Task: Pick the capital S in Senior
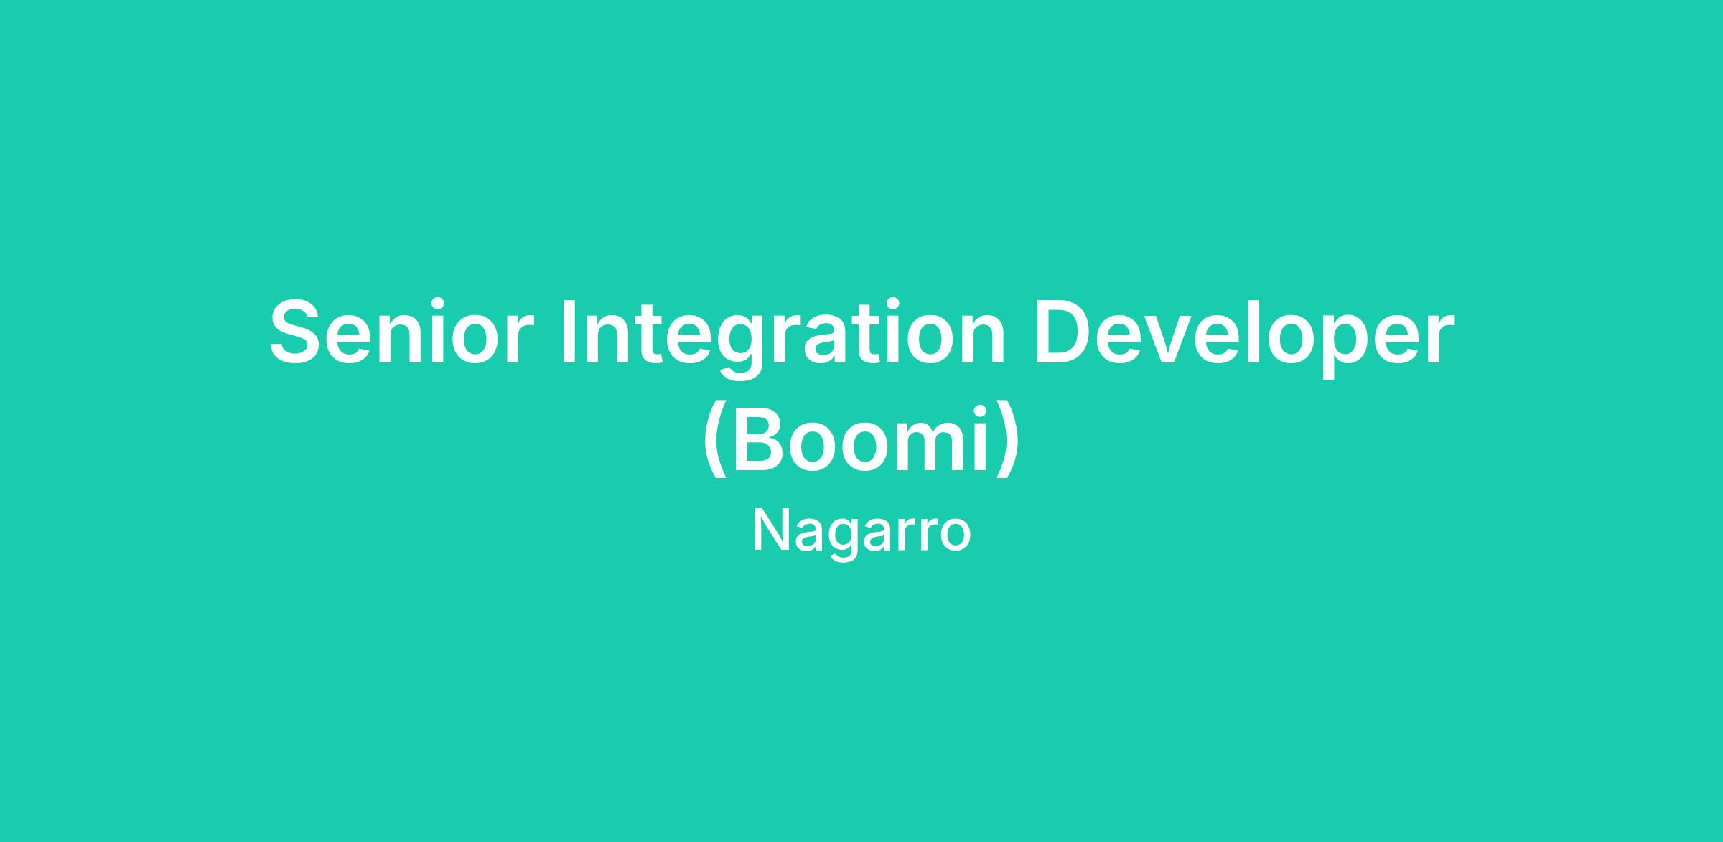point(294,332)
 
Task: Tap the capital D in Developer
point(1062,332)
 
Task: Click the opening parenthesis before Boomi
point(712,441)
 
